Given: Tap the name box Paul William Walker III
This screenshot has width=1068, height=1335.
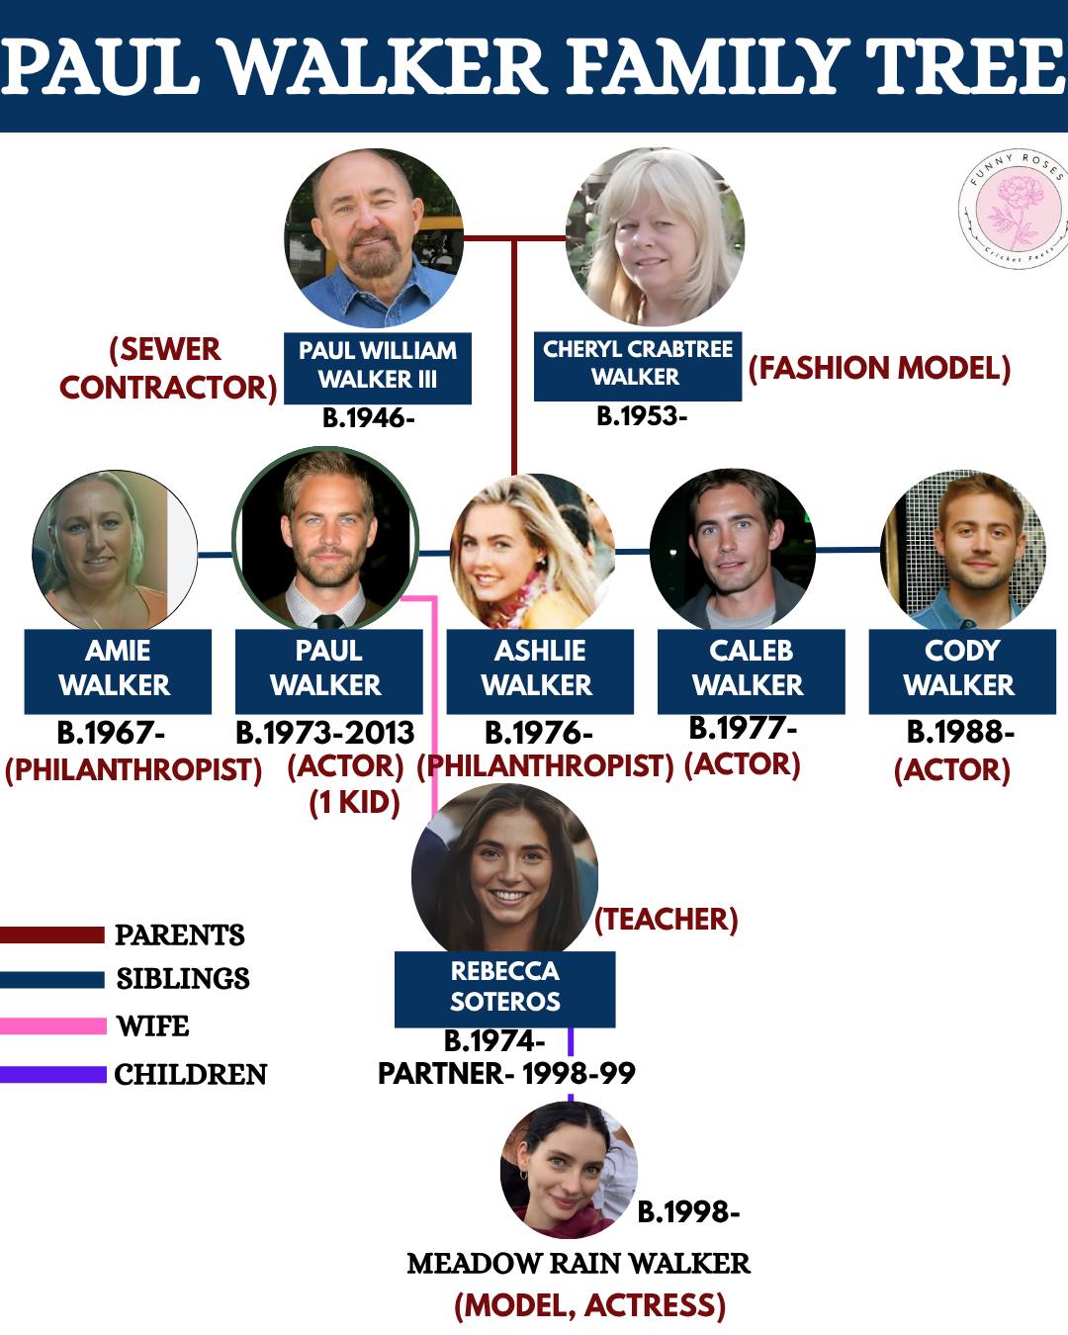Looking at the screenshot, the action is pos(378,368).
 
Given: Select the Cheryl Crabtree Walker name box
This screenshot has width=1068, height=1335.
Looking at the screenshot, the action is pos(637,366).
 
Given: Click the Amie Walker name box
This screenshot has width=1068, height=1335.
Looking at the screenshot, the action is pos(118,671).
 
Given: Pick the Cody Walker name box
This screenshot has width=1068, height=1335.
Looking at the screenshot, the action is pos(962,671).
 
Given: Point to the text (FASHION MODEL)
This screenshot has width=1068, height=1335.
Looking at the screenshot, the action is pos(879,368).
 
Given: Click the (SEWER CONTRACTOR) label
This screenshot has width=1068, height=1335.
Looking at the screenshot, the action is pos(167,369).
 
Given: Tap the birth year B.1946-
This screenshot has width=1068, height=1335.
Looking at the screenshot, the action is pos(368,418).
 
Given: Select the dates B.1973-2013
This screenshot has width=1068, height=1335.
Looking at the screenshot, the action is pos(325,733).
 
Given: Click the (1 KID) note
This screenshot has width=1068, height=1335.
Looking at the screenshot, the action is pos(354,803).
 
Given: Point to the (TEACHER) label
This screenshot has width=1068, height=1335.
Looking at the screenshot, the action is pos(667,919).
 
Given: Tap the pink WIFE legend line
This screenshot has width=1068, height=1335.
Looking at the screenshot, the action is pos(53,1025).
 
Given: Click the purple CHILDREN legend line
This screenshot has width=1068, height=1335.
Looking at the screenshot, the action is pos(53,1074).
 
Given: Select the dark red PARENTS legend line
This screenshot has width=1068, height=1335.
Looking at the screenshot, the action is pos(52,934).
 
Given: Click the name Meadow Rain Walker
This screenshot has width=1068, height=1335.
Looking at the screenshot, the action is pos(578,1264).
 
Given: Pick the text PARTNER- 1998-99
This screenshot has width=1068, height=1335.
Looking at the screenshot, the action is pos(506,1073).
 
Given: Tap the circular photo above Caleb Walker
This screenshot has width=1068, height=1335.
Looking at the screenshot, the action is pos(733,550).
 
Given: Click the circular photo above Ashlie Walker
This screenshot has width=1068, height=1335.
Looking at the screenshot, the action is pos(532,552).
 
